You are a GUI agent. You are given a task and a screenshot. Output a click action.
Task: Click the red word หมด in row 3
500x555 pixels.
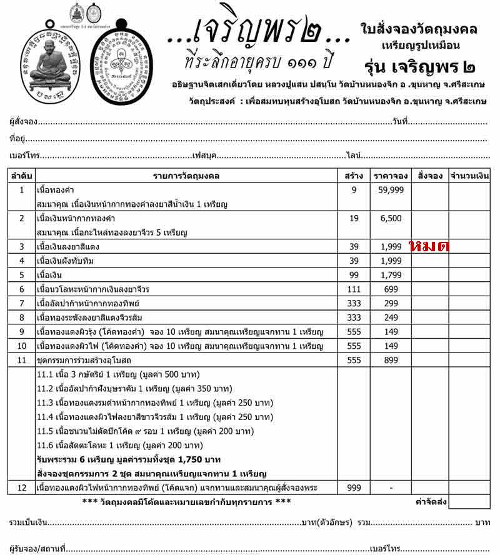click(x=430, y=246)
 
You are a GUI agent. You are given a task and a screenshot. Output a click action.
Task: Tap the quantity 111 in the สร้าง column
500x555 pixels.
click(x=354, y=289)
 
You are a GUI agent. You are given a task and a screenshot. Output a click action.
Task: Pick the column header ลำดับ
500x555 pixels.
click(x=21, y=176)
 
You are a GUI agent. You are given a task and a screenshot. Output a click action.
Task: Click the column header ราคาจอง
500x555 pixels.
click(x=391, y=176)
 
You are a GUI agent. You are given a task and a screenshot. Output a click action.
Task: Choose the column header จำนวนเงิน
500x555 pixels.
click(x=469, y=176)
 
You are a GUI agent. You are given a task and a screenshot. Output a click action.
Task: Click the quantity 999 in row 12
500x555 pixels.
click(x=354, y=487)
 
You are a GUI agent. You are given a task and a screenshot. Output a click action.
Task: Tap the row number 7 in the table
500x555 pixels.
click(x=21, y=303)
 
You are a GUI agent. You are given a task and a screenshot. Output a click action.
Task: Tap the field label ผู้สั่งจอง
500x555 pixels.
click(x=24, y=121)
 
